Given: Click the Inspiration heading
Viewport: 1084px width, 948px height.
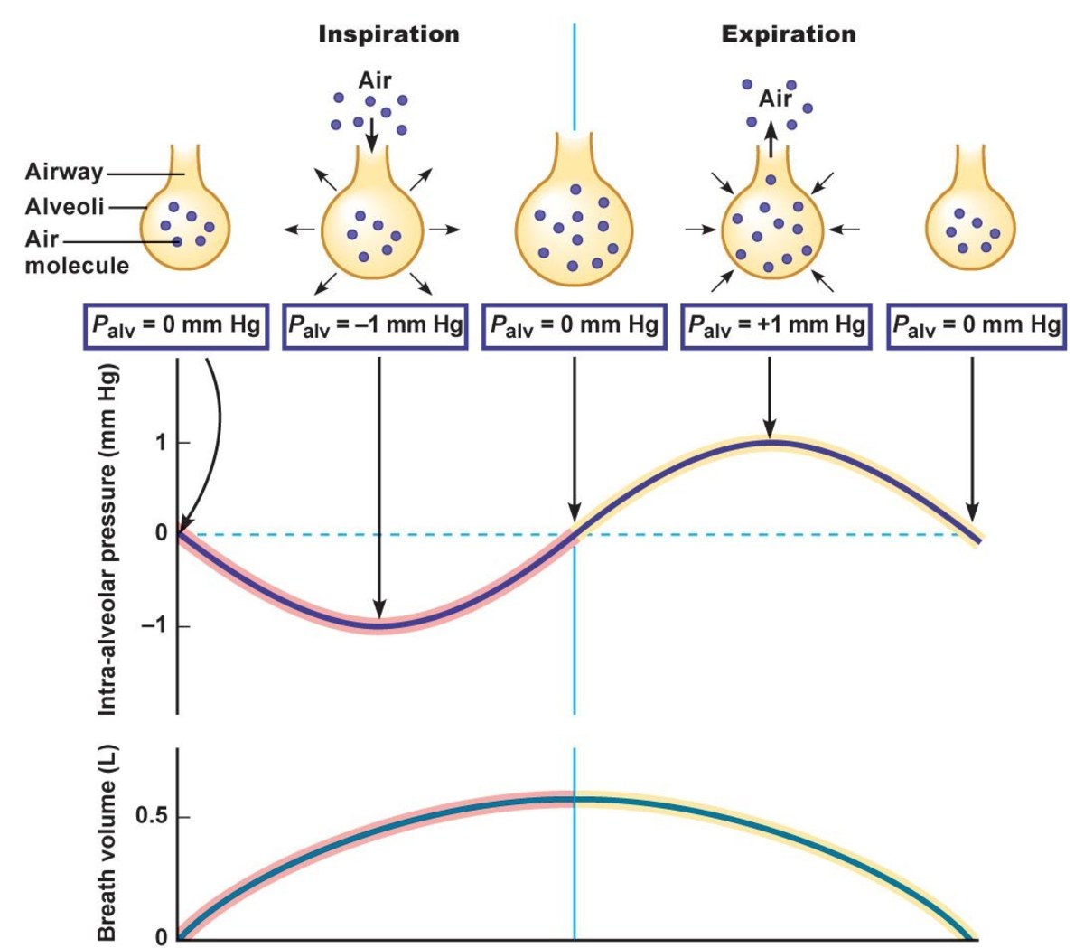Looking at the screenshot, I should click(388, 35).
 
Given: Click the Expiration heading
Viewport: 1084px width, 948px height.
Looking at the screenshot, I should click(788, 35).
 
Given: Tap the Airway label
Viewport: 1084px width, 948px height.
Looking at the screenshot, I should click(63, 172).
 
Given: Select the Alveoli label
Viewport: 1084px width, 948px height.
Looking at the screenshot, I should click(64, 206).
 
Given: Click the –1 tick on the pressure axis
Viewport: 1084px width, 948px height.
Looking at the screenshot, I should click(155, 625).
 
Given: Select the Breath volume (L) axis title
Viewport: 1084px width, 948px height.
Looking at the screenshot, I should click(107, 845).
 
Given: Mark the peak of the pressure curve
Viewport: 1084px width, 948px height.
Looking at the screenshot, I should click(770, 442).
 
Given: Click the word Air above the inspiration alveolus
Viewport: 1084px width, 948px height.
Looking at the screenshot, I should click(374, 80).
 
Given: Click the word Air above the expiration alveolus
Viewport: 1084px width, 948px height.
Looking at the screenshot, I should click(775, 99).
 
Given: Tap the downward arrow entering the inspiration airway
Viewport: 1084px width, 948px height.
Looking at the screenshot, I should click(371, 133).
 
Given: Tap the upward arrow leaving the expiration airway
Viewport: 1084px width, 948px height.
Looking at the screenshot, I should click(770, 140).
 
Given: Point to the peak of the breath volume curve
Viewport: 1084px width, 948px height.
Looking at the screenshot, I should click(573, 799).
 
